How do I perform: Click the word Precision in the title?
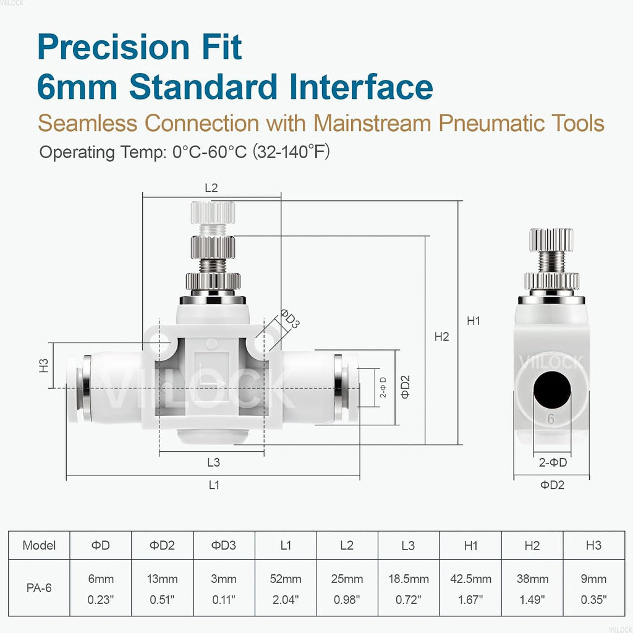pyautogui.click(x=114, y=47)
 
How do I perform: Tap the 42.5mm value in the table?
pyautogui.click(x=470, y=579)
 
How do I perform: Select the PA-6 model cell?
pyautogui.click(x=39, y=588)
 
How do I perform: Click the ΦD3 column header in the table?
pyautogui.click(x=224, y=545)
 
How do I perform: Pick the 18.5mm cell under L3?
pyautogui.click(x=409, y=579)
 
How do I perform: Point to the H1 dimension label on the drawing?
pyautogui.click(x=474, y=321)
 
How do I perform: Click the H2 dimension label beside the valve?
pyautogui.click(x=441, y=337)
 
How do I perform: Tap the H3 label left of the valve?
pyautogui.click(x=44, y=365)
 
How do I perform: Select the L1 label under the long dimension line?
pyautogui.click(x=214, y=485)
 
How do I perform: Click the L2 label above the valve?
pyautogui.click(x=211, y=188)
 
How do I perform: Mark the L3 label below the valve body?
pyautogui.click(x=213, y=462)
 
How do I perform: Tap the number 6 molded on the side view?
pyautogui.click(x=551, y=419)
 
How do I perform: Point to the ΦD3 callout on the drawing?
pyautogui.click(x=290, y=318)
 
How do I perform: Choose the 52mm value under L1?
pyautogui.click(x=286, y=579)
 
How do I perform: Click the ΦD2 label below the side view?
pyautogui.click(x=552, y=485)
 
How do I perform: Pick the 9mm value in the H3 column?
pyautogui.click(x=593, y=579)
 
